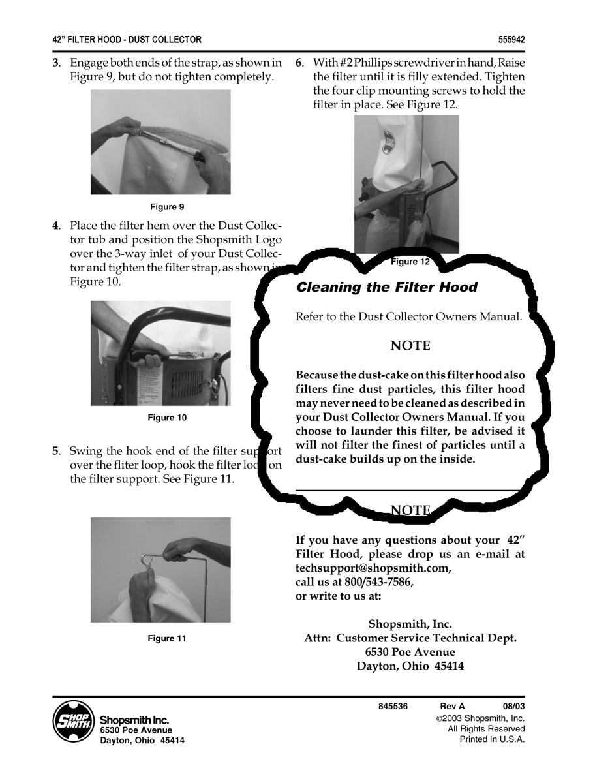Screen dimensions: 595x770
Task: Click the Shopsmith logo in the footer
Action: pyautogui.click(x=72, y=721)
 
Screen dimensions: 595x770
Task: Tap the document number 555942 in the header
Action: pyautogui.click(x=511, y=40)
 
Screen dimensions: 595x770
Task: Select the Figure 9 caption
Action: pyautogui.click(x=167, y=207)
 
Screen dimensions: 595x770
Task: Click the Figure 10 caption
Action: pyautogui.click(x=168, y=418)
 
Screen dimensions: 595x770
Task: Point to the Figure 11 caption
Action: pyautogui.click(x=168, y=638)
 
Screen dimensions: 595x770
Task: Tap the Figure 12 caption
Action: pyautogui.click(x=410, y=261)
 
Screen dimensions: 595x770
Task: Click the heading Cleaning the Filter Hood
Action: pyautogui.click(x=387, y=287)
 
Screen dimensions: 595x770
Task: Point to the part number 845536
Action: pyautogui.click(x=393, y=706)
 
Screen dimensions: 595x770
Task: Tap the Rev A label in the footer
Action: pyautogui.click(x=452, y=706)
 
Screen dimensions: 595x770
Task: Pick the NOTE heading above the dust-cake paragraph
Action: pyautogui.click(x=410, y=346)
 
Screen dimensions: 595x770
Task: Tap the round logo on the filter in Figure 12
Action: pyautogui.click(x=389, y=142)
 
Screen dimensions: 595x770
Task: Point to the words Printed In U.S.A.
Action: pyautogui.click(x=492, y=739)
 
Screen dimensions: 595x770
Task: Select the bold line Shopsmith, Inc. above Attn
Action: pyautogui.click(x=410, y=624)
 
